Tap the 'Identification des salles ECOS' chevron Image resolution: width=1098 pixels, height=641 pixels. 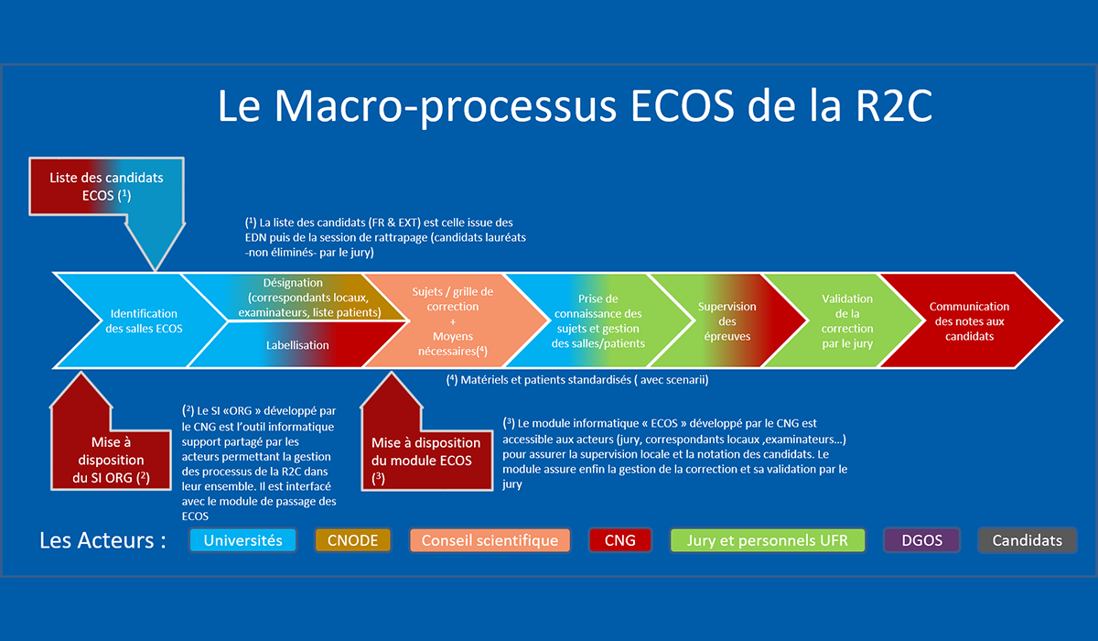point(144,320)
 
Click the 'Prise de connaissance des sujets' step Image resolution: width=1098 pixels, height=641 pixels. point(598,320)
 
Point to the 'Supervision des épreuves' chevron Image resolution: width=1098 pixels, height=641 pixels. point(727,320)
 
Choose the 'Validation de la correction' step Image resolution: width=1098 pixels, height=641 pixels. point(846,320)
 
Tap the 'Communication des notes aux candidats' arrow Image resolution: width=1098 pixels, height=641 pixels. point(969,320)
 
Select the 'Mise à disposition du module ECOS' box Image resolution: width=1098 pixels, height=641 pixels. point(422,451)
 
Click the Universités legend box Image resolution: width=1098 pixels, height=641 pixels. point(242,539)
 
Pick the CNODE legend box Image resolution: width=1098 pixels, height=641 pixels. point(352,539)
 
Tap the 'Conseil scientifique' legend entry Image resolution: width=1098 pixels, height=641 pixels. point(490,539)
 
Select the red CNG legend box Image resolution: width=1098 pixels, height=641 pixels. point(619,539)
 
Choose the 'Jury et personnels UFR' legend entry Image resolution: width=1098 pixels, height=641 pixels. point(767,539)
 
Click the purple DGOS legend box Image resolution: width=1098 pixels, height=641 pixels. point(921,539)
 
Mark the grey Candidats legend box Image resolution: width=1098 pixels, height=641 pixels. point(1027,539)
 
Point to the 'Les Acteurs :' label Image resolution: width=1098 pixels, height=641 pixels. point(102,539)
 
